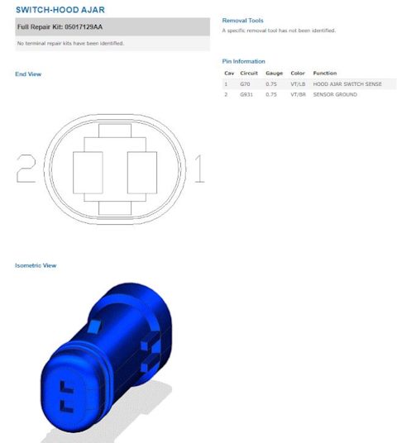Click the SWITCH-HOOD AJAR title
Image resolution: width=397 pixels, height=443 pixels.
60,9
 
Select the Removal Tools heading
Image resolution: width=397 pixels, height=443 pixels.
243,20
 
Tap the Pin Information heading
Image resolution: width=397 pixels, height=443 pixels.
244,61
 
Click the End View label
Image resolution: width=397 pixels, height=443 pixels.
28,74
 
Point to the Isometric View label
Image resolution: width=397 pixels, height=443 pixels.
36,265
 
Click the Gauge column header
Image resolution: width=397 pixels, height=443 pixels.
274,74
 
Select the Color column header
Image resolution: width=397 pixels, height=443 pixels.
298,74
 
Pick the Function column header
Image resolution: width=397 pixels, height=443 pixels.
324,74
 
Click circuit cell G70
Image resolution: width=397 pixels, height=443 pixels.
245,84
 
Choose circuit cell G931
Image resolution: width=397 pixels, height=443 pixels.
246,95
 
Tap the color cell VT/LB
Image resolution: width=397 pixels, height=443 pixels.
299,84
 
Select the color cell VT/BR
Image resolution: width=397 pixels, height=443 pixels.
299,95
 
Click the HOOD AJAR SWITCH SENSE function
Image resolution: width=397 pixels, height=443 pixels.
347,84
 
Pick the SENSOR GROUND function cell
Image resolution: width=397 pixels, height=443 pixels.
336,95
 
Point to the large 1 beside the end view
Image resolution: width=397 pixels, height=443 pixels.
199,169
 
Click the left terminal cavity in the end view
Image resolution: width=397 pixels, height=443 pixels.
88,172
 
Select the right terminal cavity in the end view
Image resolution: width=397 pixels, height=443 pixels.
141,172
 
